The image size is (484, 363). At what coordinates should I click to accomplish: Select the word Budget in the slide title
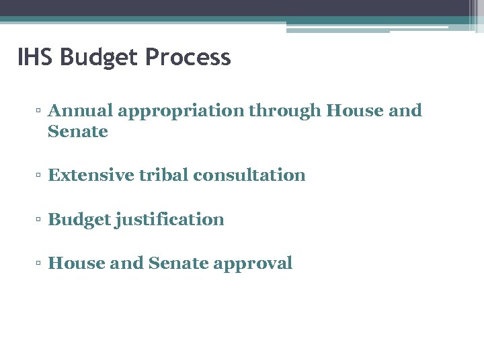[x=100, y=57]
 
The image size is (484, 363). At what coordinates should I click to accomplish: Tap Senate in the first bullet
[x=78, y=132]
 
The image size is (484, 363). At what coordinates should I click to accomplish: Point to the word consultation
[x=249, y=175]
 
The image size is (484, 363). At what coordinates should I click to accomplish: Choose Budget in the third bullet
[x=79, y=220]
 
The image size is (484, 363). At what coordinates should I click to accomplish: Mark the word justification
[x=169, y=220]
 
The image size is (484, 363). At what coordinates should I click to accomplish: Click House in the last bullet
[x=76, y=264]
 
